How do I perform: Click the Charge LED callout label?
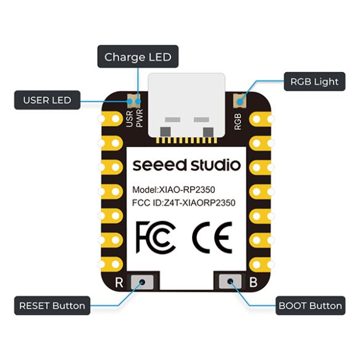138,57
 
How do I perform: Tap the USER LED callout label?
47,100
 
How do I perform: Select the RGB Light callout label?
314,81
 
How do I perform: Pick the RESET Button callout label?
52,306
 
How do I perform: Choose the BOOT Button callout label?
310,306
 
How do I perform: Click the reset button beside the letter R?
142,282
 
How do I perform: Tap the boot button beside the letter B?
230,281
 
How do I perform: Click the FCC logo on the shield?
156,237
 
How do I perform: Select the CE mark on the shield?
212,238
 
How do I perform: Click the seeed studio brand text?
186,165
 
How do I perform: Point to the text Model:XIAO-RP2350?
174,190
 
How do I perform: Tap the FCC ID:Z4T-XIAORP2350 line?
183,203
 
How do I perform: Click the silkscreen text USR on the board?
129,119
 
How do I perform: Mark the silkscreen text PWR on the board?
139,118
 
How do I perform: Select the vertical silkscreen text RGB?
238,121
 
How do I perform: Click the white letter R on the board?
119,282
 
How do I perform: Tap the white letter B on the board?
254,282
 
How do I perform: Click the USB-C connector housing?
186,105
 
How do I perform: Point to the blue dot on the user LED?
130,101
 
